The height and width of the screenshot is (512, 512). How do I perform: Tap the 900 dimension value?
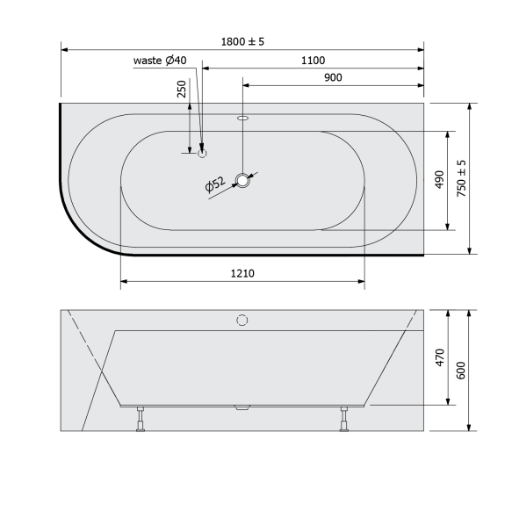(333, 77)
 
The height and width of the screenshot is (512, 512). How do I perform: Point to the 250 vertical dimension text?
(182, 90)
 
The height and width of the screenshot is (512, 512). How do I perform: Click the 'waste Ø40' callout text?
(159, 61)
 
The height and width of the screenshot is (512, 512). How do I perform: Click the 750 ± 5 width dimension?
(462, 178)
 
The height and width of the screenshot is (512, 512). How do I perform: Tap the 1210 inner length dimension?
(242, 273)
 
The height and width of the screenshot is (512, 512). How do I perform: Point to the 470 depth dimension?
(441, 357)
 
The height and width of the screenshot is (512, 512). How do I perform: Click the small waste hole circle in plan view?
(203, 153)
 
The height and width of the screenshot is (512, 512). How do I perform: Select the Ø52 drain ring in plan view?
(243, 182)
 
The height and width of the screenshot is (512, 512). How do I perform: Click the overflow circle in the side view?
(243, 321)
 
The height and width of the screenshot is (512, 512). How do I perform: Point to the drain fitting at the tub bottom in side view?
(242, 407)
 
